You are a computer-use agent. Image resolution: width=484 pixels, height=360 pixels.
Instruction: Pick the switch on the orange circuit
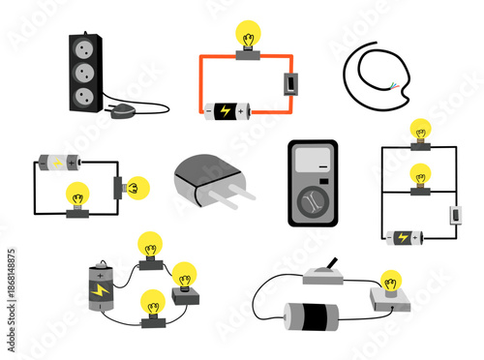[x=287, y=85]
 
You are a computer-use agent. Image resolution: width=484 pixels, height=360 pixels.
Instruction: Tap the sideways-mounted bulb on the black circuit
[x=136, y=185]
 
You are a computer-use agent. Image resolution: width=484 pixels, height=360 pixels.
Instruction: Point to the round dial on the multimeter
[x=313, y=201]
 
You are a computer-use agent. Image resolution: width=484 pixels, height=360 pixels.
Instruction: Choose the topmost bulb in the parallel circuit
[x=420, y=132]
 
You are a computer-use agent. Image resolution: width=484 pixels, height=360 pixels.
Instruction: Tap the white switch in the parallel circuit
[x=452, y=215]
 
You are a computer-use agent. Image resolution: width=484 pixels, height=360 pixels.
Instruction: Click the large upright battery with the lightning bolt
[x=100, y=287]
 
